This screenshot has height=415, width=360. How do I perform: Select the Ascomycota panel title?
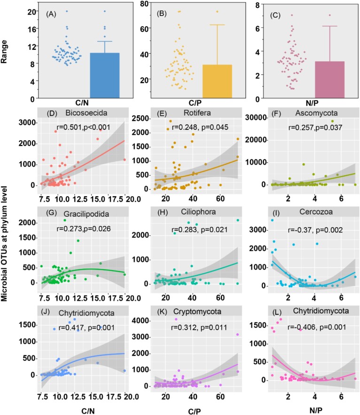312,114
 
